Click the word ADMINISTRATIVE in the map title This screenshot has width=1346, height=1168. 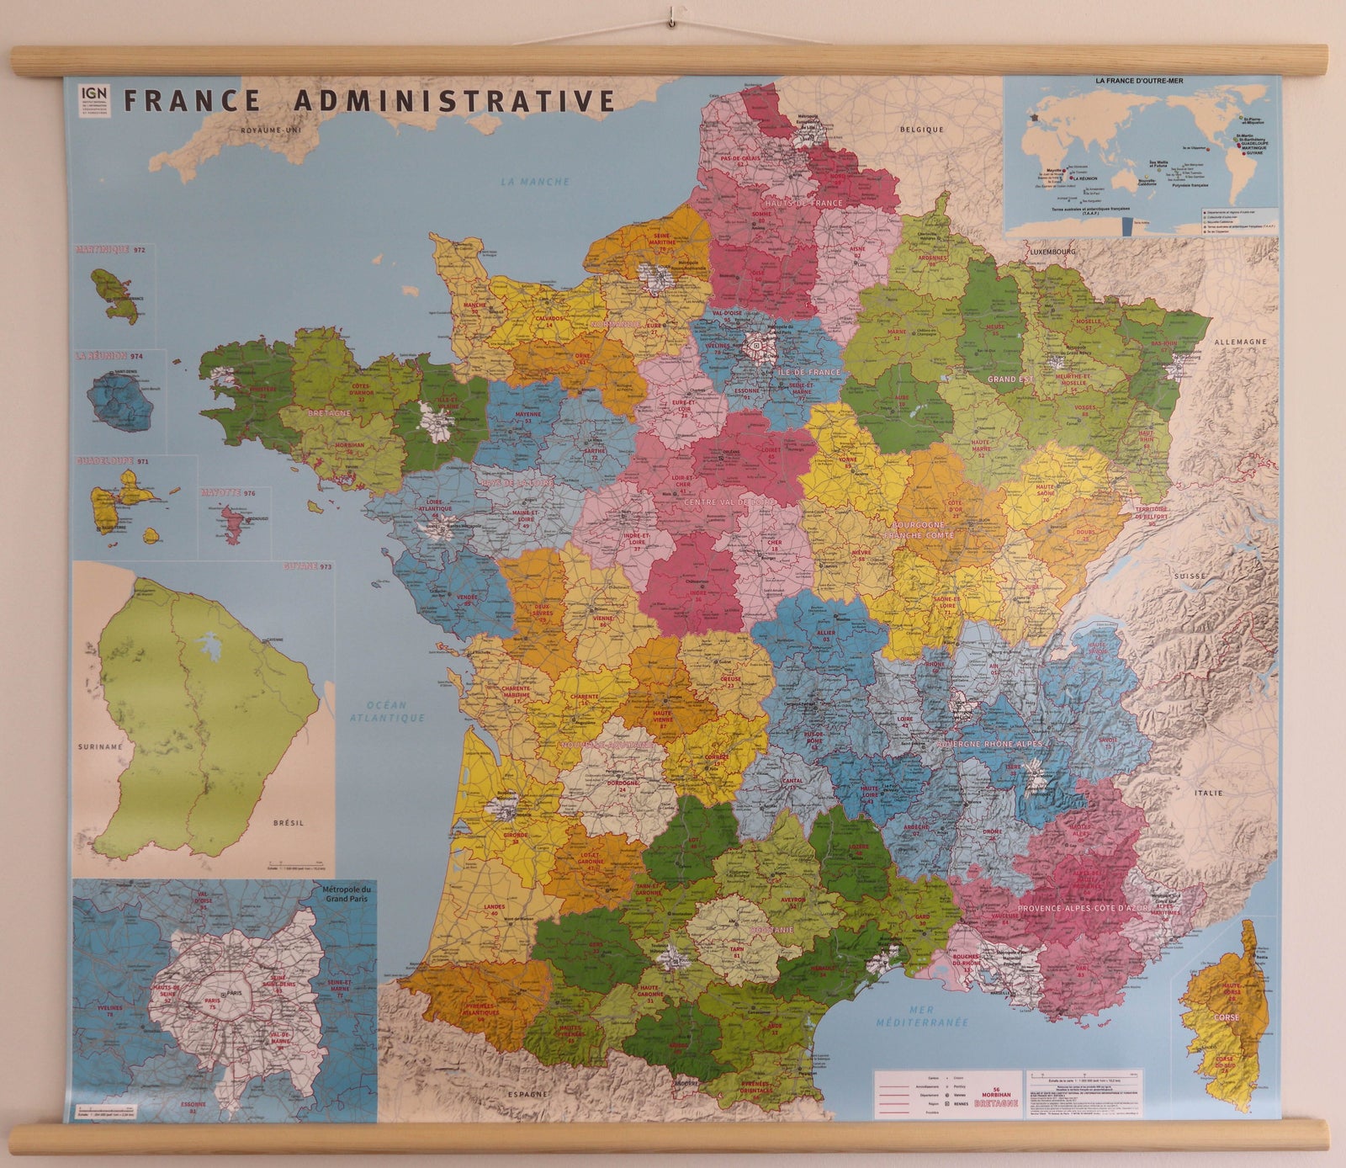(454, 101)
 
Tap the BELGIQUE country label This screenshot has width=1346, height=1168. (921, 130)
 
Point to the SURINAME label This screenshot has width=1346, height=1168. (99, 746)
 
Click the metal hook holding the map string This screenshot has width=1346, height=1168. (672, 16)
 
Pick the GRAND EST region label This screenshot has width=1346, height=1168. (1010, 380)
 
